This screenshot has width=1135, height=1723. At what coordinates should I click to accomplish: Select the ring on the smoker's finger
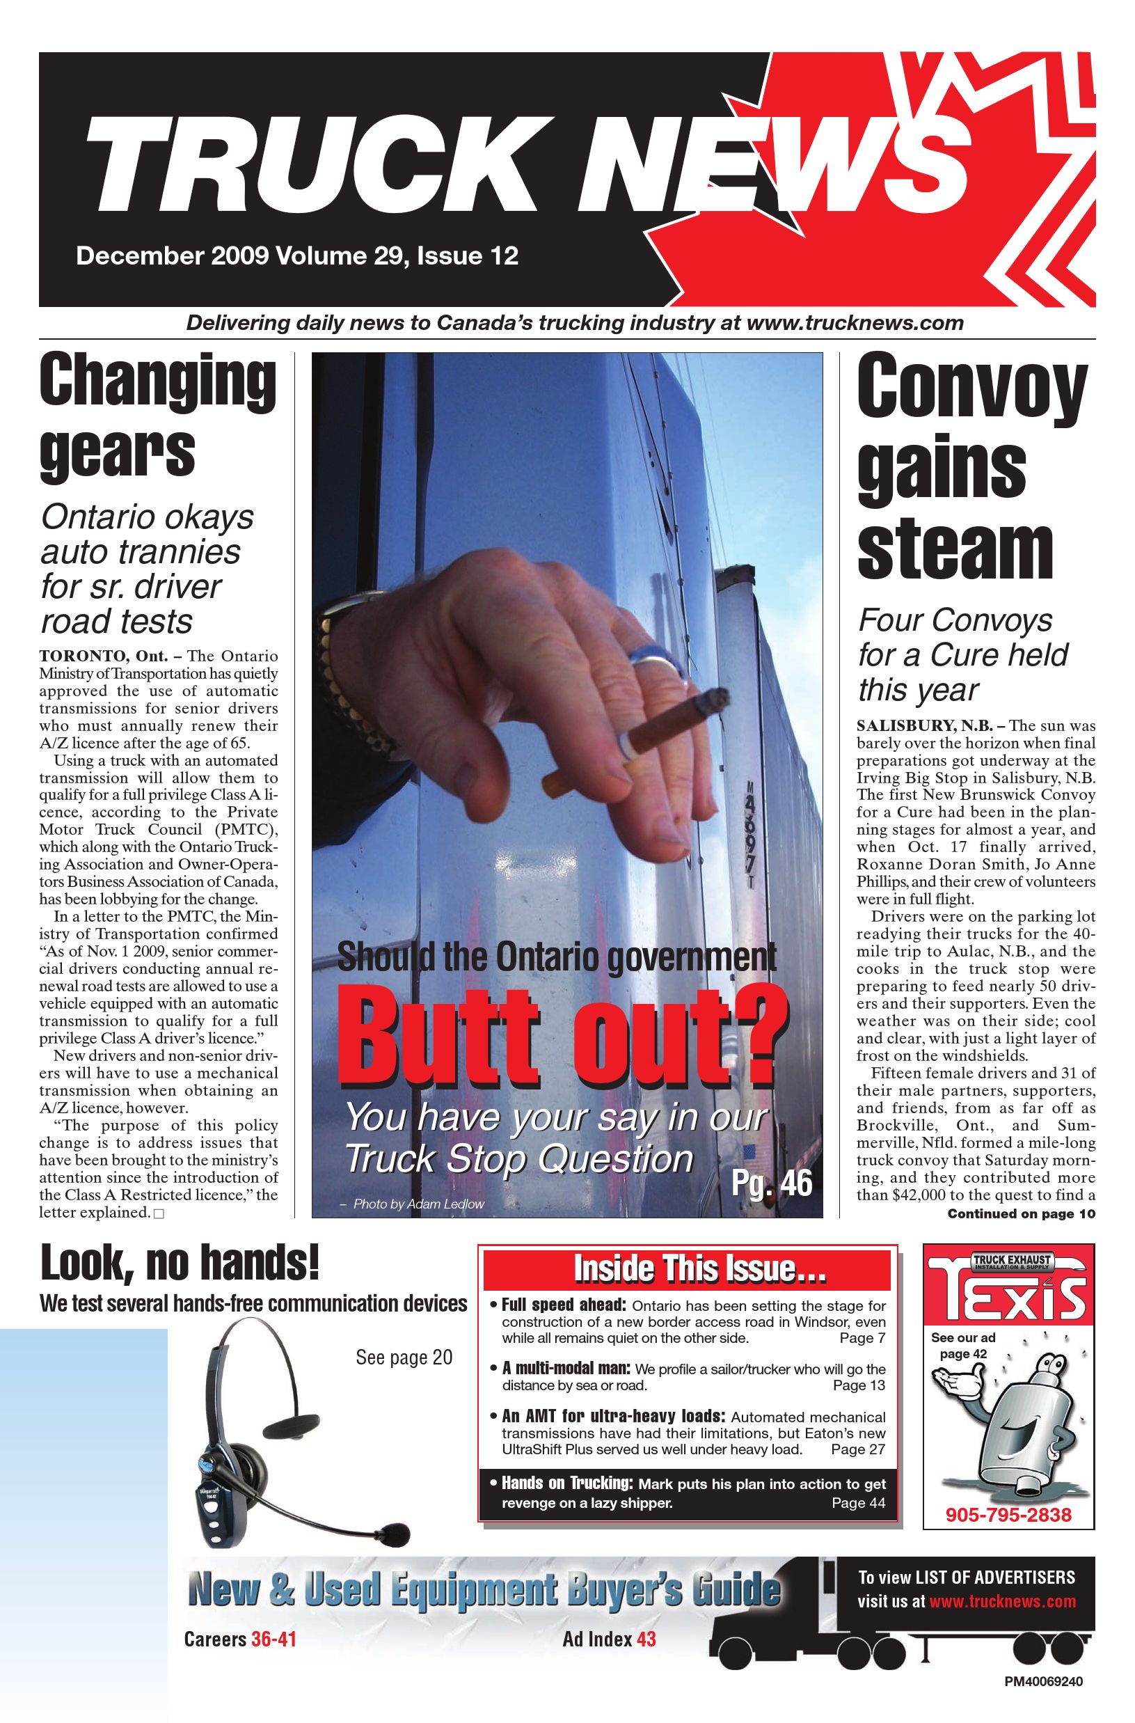(x=657, y=663)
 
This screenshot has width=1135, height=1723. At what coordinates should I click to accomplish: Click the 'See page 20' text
(x=404, y=1357)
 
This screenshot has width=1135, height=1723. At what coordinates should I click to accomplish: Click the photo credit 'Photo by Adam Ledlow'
(x=418, y=1204)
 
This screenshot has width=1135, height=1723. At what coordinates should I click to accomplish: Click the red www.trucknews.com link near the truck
(x=1002, y=1600)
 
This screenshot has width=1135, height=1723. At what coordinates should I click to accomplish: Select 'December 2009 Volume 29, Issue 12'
(x=296, y=256)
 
